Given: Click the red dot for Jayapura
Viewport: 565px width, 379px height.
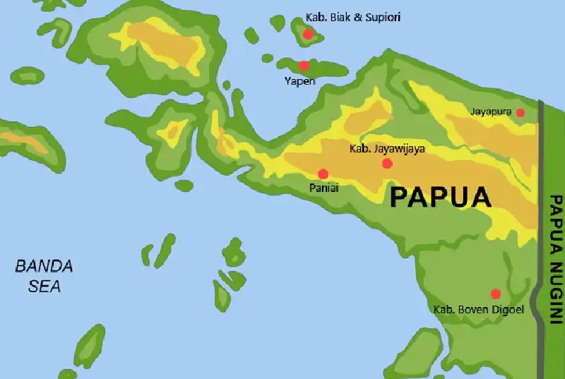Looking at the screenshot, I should click(521, 112).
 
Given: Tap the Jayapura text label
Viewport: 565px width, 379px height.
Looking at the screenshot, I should click(490, 112).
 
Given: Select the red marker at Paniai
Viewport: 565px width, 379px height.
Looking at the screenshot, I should click(323, 174).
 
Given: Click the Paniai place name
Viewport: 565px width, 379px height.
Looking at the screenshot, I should click(323, 188).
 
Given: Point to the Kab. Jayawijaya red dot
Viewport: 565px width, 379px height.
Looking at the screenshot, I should click(387, 164).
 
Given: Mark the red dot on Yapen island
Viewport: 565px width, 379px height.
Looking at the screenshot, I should click(304, 66).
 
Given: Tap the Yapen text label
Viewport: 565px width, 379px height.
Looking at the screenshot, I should click(299, 80).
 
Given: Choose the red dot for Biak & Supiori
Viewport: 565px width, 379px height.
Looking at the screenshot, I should click(308, 34).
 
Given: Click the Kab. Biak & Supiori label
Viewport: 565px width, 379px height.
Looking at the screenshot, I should click(352, 17).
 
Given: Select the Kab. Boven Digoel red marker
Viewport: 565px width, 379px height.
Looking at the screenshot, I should click(496, 294).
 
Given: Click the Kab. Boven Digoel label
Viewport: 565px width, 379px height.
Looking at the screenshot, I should click(479, 309).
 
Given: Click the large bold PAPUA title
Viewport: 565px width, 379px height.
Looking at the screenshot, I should click(440, 196).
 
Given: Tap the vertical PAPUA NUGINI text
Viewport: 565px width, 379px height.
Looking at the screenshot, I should click(555, 258).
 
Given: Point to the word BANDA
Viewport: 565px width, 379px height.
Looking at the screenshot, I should click(44, 267).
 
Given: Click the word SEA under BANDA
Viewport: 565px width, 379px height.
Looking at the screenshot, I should click(44, 287).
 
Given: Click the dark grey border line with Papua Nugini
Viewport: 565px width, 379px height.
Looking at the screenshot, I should click(541, 212).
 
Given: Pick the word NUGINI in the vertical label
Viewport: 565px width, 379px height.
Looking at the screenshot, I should click(555, 290).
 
